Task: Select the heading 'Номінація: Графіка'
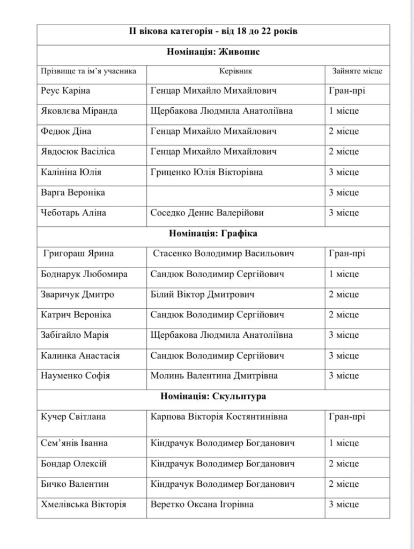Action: click(213, 233)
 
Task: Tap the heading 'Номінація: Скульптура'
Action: click(213, 396)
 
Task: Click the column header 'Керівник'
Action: click(235, 71)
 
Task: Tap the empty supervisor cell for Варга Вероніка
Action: click(235, 192)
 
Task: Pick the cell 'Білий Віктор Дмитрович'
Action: click(203, 294)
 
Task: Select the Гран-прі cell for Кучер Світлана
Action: click(346, 417)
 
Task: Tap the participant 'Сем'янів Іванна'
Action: click(74, 443)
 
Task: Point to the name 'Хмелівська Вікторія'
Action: click(83, 505)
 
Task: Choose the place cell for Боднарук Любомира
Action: click(344, 274)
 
